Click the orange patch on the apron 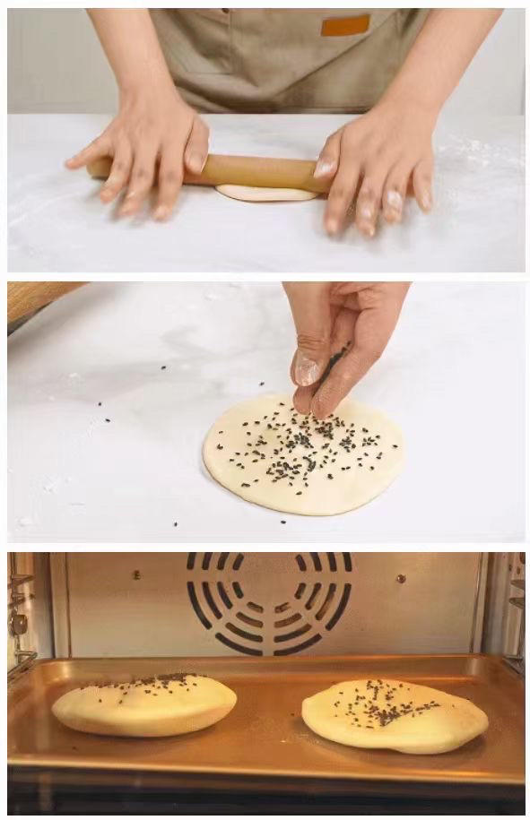tap(345, 25)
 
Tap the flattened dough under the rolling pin tap(265, 193)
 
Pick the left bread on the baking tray tap(143, 705)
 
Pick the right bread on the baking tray tap(395, 714)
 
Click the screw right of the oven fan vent tap(405, 575)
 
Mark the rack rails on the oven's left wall tap(20, 618)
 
